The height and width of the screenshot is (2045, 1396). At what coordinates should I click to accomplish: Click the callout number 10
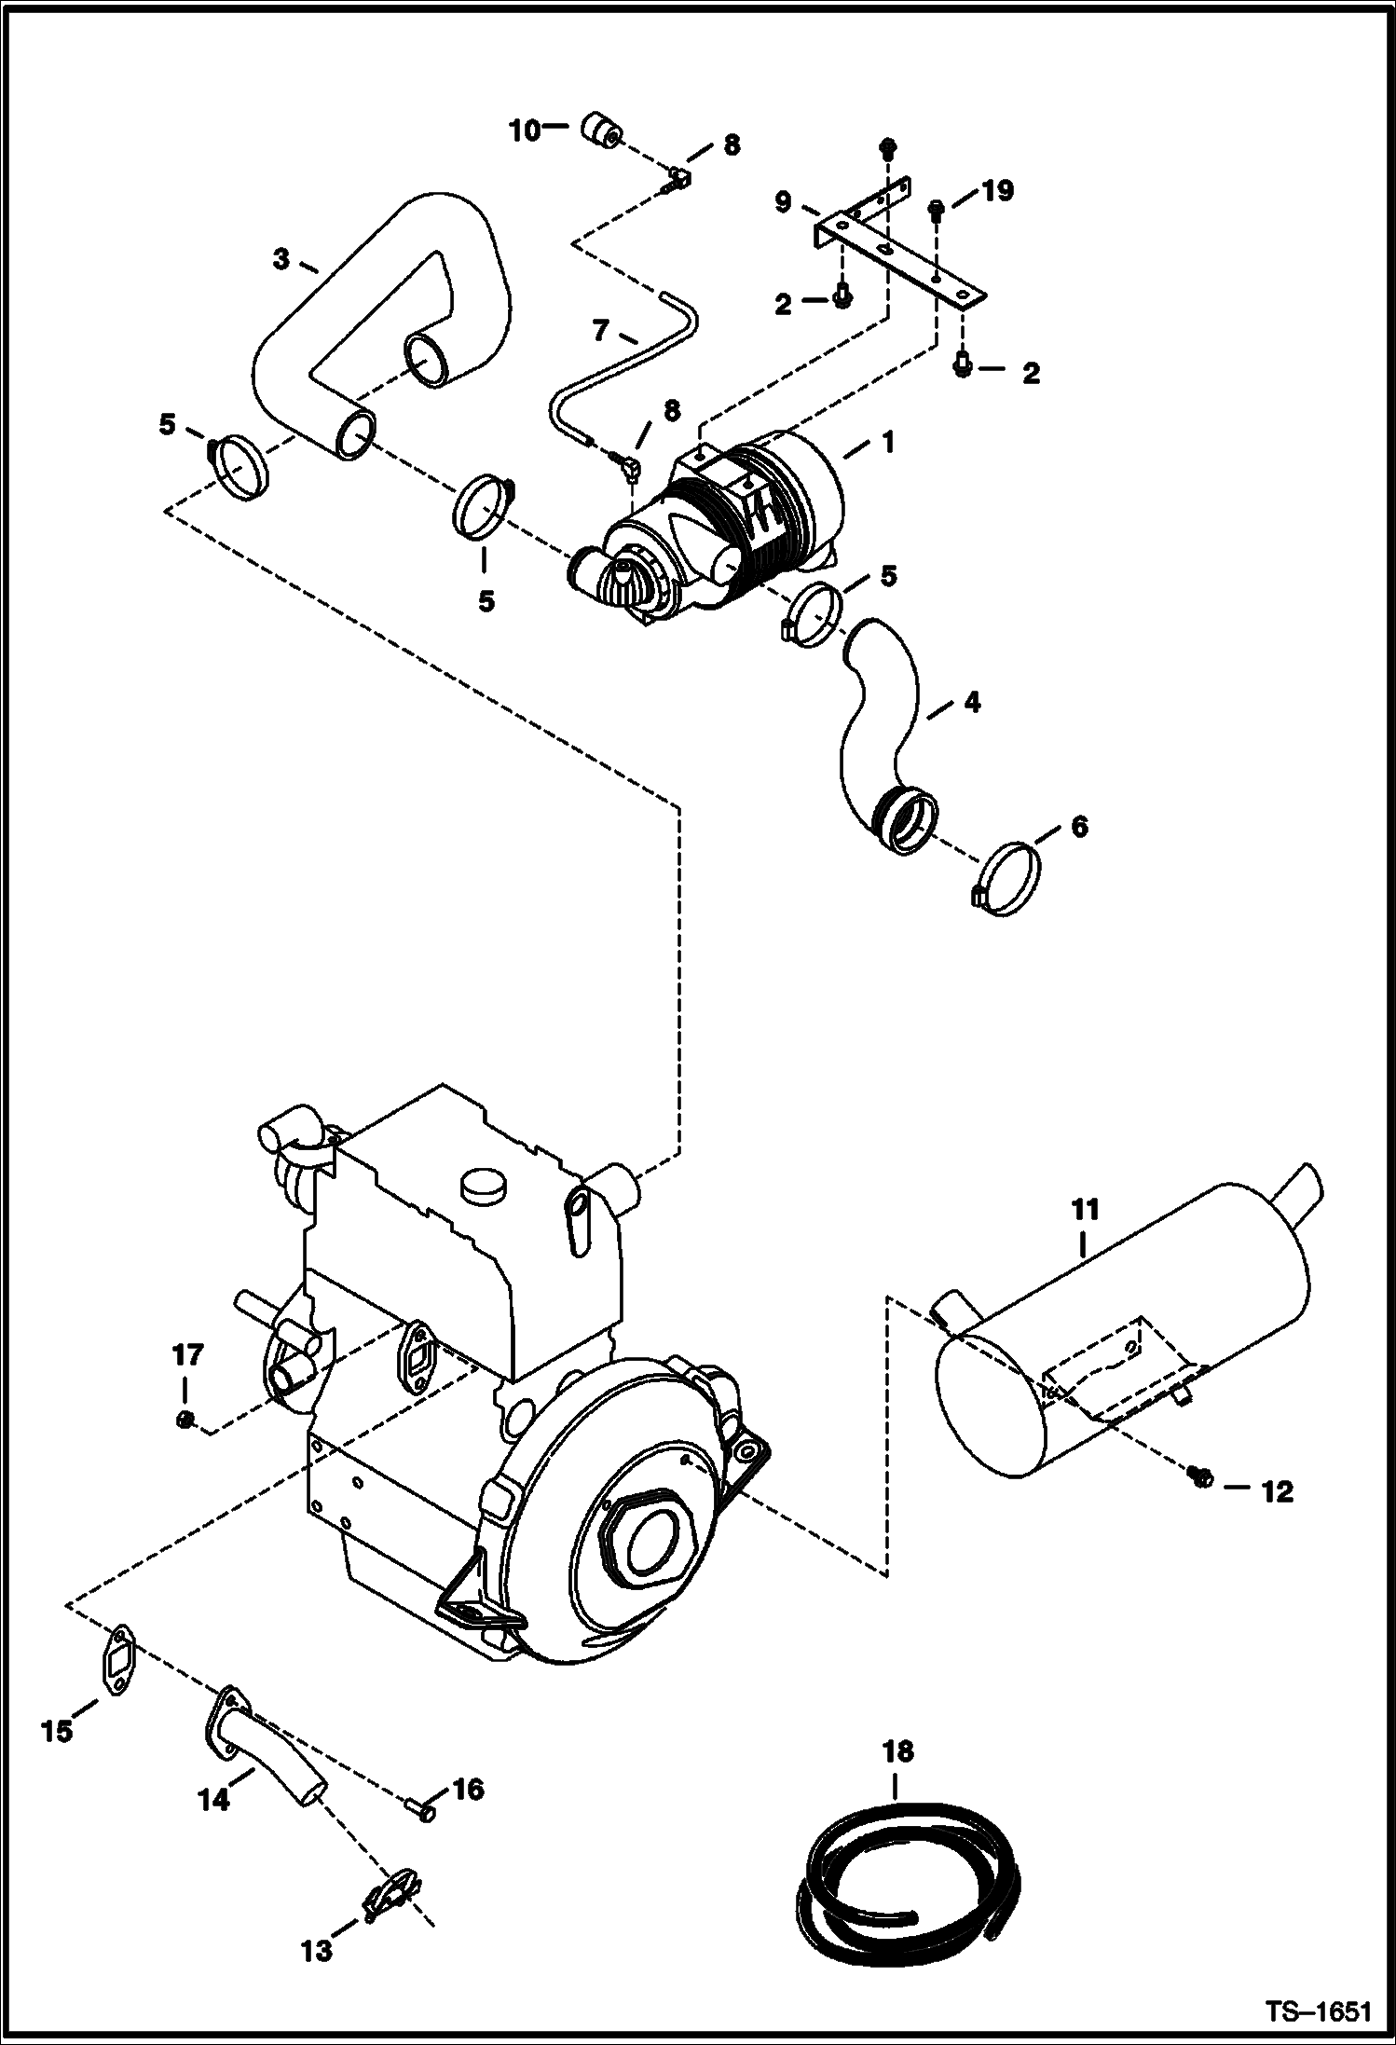pos(525,130)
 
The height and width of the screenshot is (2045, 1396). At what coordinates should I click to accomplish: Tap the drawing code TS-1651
pos(1317,2011)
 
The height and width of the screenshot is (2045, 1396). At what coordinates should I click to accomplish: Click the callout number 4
pos(972,701)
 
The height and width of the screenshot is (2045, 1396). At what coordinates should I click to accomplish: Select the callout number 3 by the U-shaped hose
pos(281,258)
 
